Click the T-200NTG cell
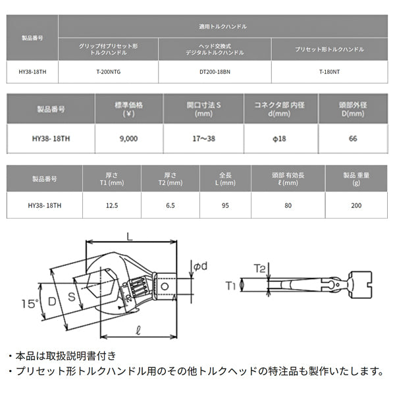pyautogui.click(x=108, y=71)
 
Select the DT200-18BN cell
pyautogui.click(x=215, y=71)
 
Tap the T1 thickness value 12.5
pyautogui.click(x=111, y=205)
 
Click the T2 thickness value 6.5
pyautogui.click(x=169, y=205)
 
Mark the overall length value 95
pyautogui.click(x=225, y=205)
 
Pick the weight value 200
pyautogui.click(x=355, y=205)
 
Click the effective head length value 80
pyautogui.click(x=287, y=205)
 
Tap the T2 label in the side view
pyautogui.click(x=259, y=269)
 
